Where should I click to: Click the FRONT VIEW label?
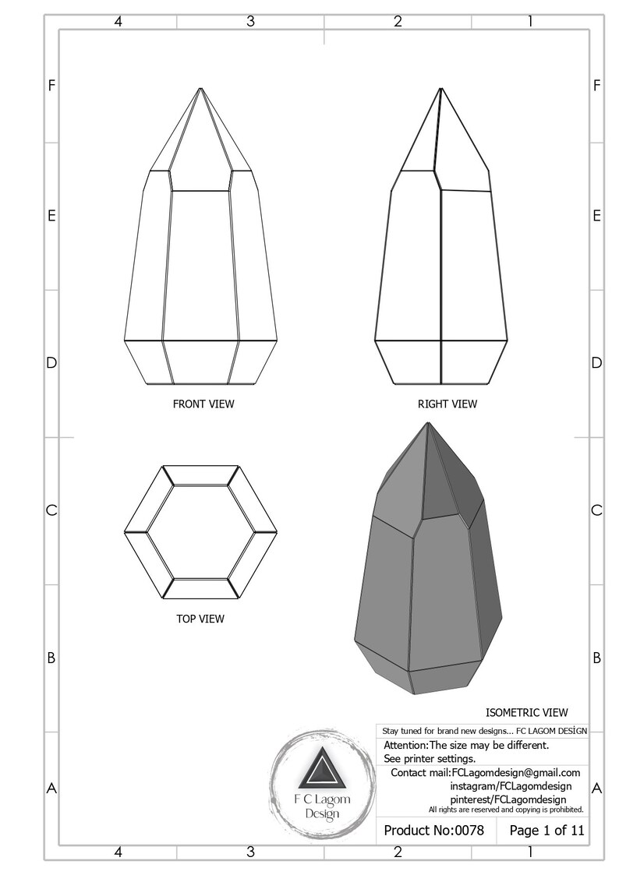click(x=203, y=404)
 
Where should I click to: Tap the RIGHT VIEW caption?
click(x=447, y=404)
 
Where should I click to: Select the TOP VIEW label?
click(x=200, y=619)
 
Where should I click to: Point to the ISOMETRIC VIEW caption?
click(x=526, y=712)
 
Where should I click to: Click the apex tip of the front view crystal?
click(x=201, y=88)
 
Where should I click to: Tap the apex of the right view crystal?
click(x=441, y=88)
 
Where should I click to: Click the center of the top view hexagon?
click(x=200, y=533)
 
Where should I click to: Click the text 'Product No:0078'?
click(x=434, y=831)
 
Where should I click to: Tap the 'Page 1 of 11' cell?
click(x=546, y=831)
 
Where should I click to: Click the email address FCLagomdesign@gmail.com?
click(x=516, y=772)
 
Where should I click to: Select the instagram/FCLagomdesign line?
click(x=504, y=786)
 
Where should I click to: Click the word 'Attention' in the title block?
click(x=405, y=745)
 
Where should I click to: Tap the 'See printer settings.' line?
click(x=430, y=758)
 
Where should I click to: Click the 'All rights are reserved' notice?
click(x=505, y=810)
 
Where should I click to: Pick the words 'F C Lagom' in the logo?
click(x=321, y=800)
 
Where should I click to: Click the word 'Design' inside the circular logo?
click(x=321, y=814)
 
